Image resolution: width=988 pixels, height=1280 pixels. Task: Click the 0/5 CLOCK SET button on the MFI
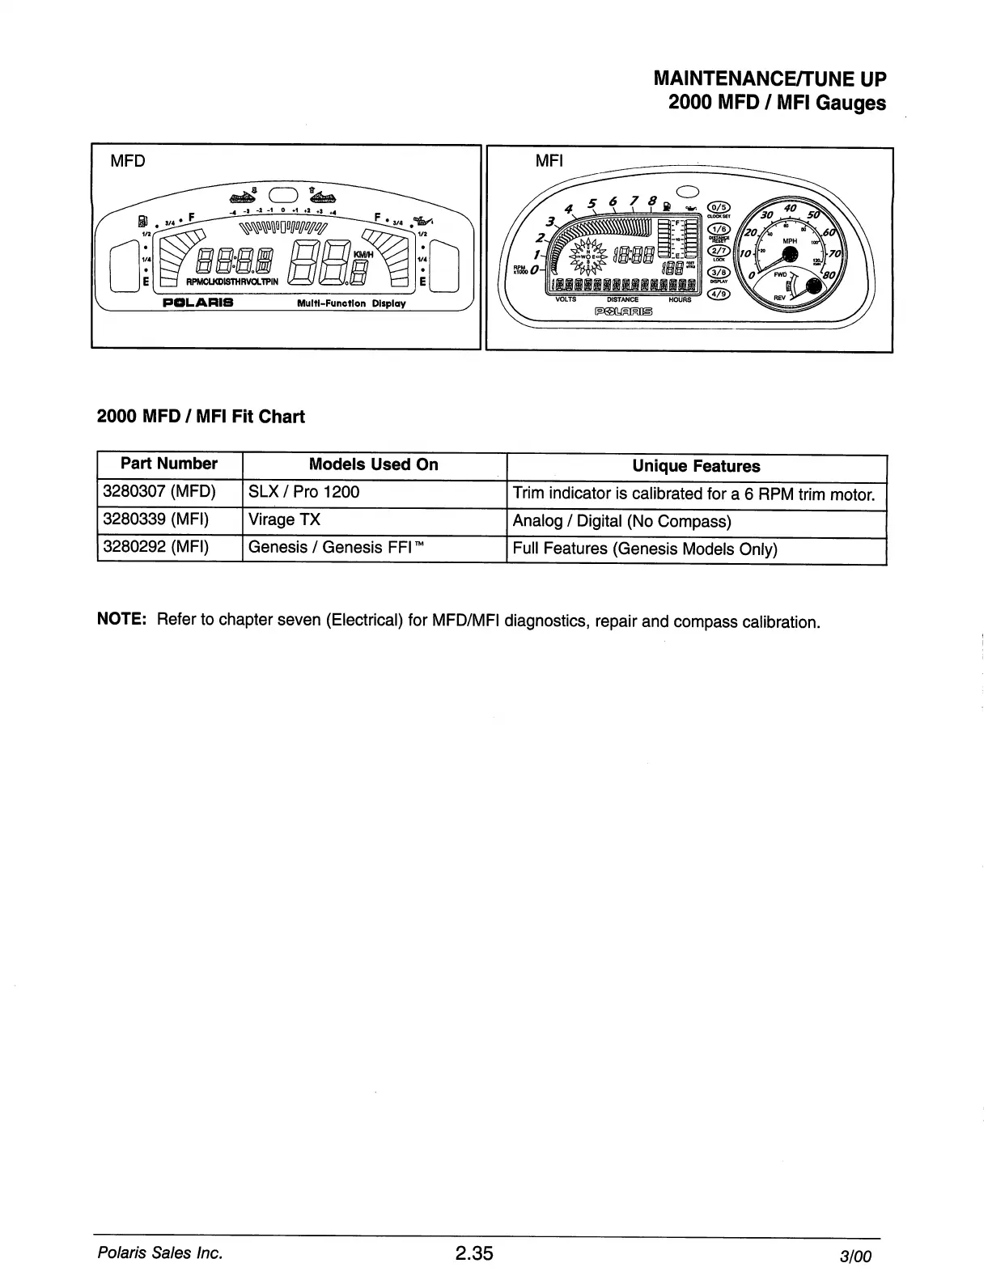(719, 206)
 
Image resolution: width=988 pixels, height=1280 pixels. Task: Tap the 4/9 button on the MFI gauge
(719, 295)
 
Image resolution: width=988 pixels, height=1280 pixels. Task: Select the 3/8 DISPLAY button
(719, 273)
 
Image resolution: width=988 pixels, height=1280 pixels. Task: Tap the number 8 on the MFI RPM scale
(652, 201)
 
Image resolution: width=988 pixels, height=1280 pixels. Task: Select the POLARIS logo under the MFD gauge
(198, 303)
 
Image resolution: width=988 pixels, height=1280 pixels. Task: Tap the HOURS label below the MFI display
(680, 299)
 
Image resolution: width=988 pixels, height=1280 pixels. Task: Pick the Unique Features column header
(696, 467)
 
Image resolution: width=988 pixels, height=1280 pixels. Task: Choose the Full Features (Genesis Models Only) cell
(645, 549)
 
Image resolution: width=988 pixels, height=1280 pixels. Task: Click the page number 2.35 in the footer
(473, 1254)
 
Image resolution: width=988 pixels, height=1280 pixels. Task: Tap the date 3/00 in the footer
(855, 1257)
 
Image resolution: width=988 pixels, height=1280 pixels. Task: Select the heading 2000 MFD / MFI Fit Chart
(201, 417)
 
